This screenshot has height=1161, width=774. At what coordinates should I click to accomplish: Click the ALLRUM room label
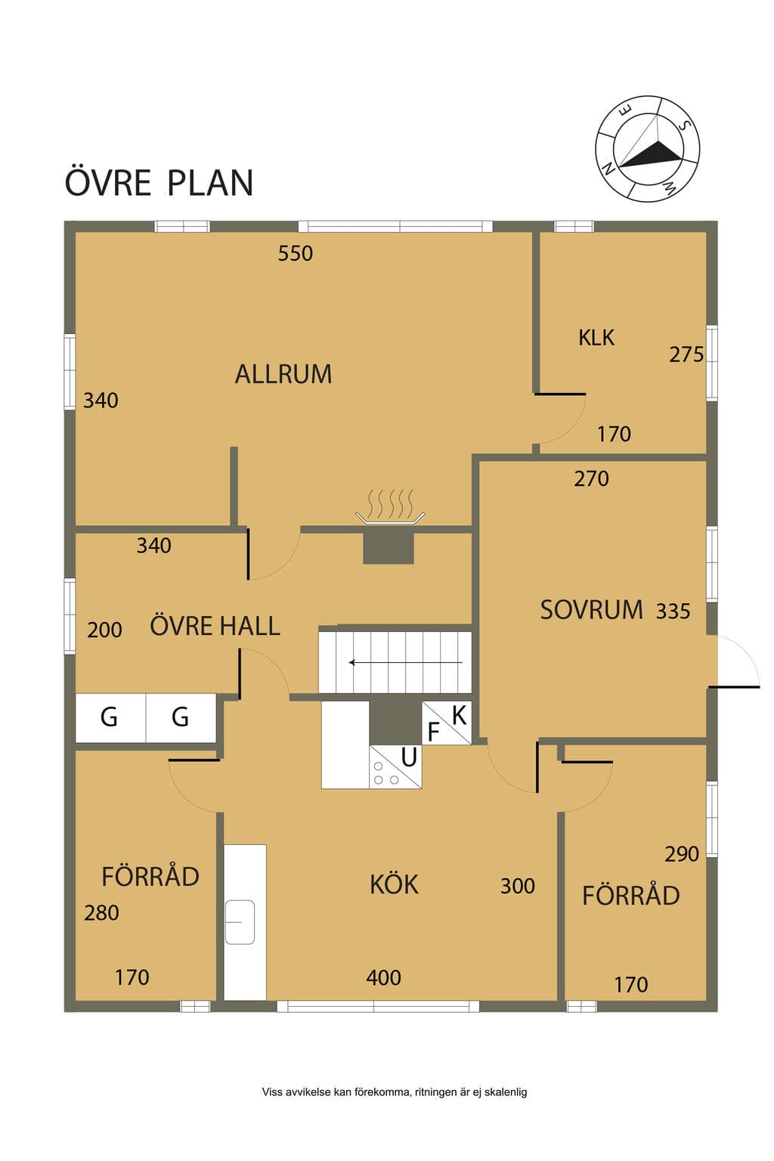tap(283, 374)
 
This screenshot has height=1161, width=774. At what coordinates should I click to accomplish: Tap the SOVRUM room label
tap(592, 609)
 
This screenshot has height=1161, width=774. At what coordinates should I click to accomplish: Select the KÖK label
tap(394, 885)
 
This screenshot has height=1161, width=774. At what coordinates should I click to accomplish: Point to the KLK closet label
tap(596, 338)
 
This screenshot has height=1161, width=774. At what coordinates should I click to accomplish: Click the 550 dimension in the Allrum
tap(296, 253)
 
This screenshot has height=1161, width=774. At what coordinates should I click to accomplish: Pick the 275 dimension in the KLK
tap(686, 354)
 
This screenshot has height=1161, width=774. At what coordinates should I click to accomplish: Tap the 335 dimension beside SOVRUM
tap(673, 611)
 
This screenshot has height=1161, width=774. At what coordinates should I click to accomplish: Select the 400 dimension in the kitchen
tap(384, 978)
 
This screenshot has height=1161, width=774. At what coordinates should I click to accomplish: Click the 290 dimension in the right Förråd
tap(682, 854)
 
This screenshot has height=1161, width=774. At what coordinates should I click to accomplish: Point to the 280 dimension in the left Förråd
tap(101, 913)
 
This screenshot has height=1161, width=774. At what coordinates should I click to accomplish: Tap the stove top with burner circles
tap(386, 772)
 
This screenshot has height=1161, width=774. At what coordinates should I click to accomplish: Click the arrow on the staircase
tap(405, 662)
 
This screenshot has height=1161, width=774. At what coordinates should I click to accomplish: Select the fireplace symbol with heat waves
tap(390, 507)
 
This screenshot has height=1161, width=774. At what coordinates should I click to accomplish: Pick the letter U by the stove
tap(409, 757)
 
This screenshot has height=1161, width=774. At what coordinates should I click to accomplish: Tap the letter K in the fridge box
tap(460, 715)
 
